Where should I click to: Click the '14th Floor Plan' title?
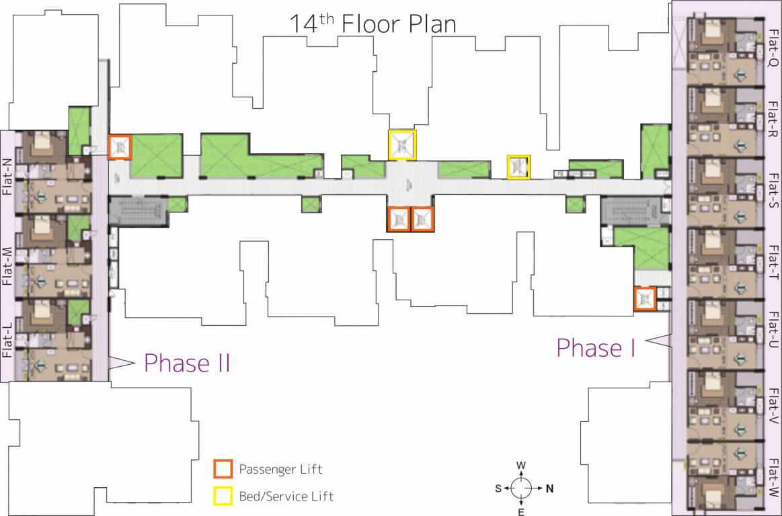pos(373,24)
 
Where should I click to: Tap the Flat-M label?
pos(7,265)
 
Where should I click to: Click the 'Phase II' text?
pos(188,363)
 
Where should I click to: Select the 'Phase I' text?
pos(596,348)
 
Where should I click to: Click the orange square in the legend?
pos(223,468)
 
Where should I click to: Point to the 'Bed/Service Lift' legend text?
pos(286,497)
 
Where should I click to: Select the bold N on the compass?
pos(549,488)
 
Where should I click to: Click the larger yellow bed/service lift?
pos(402,144)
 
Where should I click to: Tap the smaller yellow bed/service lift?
pos(518,167)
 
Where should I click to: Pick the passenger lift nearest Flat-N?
pos(120,146)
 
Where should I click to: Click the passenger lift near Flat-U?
pos(644,298)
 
